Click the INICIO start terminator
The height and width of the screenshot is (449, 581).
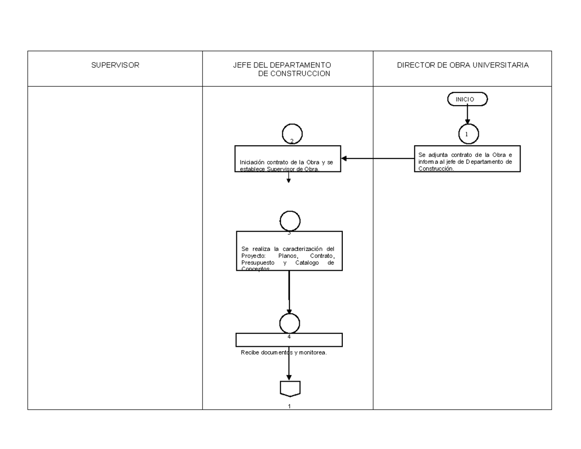467,99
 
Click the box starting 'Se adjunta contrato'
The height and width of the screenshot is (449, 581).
467,158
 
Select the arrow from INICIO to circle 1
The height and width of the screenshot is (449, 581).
468,114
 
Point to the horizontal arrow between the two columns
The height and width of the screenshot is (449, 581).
378,158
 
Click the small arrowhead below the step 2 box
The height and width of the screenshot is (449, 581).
289,181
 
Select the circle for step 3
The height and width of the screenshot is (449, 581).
290,221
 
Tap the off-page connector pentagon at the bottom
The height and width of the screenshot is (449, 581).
290,388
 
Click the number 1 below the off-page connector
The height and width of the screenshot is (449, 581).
290,406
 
